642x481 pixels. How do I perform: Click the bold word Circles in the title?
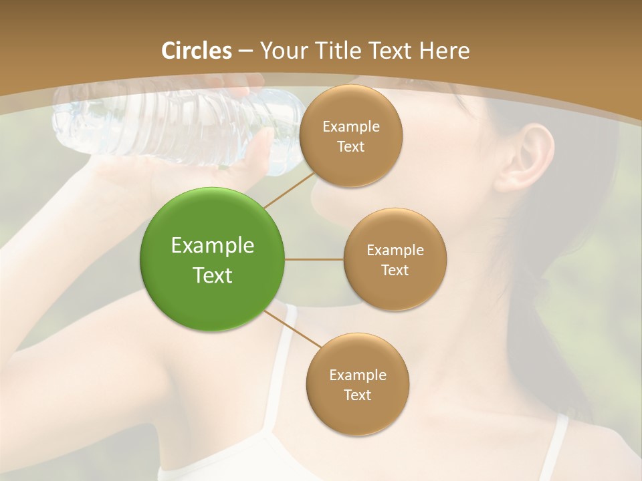pos(196,51)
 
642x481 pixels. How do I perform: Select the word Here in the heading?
pos(444,51)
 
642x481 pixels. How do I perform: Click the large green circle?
pos(212,259)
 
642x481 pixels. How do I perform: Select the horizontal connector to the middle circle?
pos(314,259)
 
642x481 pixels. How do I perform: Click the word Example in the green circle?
pos(212,245)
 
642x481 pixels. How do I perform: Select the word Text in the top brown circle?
pos(350,147)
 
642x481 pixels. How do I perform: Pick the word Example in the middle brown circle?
pos(395,251)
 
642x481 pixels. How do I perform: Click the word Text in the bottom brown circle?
pos(357,395)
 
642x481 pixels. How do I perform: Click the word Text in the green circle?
pos(212,275)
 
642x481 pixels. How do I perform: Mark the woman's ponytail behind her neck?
pos(535,267)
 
